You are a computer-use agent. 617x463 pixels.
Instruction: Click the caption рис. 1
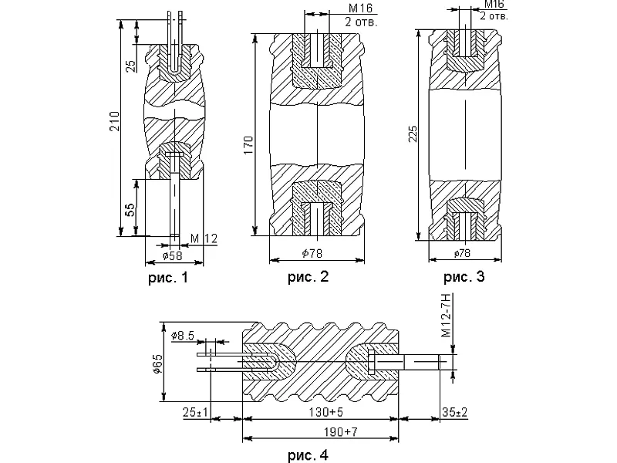[x=168, y=278]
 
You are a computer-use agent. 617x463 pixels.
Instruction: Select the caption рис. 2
[x=308, y=277]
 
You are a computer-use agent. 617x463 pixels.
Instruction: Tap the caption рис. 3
[x=464, y=277]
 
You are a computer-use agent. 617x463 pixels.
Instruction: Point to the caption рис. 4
[x=308, y=455]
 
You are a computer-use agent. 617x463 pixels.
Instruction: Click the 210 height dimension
[x=114, y=121]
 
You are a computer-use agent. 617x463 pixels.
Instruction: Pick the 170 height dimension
[x=248, y=145]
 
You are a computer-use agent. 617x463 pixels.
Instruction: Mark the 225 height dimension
[x=413, y=134]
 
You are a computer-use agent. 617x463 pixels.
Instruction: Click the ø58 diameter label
[x=172, y=255]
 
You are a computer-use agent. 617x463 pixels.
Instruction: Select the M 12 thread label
[x=204, y=238]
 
